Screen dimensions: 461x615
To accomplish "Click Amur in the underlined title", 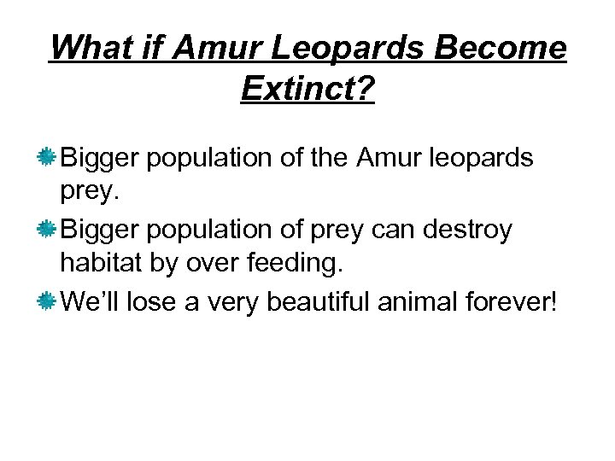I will pos(225,49).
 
